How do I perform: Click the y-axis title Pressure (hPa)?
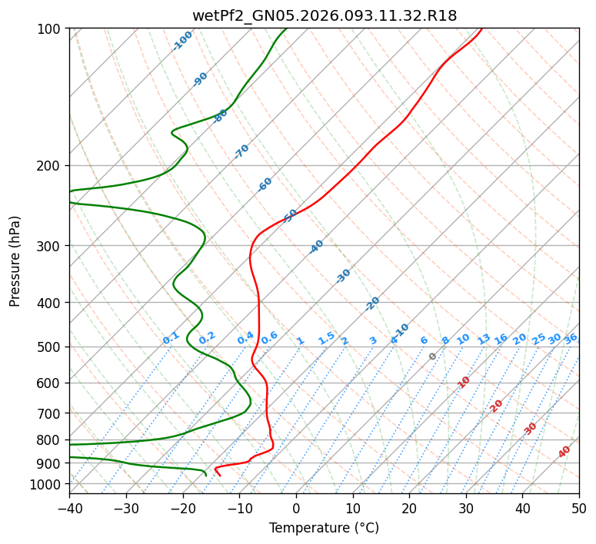15,261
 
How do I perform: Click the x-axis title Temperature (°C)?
324,528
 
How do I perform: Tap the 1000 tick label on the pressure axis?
48,484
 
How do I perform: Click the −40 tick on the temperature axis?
69,508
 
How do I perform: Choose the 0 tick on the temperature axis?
296,508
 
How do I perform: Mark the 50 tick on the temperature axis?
579,508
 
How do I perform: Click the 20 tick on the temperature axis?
409,508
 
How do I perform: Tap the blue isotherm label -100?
182,41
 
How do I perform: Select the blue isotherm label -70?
241,151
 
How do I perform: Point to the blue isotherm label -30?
343,276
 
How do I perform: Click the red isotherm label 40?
564,452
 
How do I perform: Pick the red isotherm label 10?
464,382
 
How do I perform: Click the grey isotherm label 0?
433,357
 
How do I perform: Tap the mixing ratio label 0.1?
171,337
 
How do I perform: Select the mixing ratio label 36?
571,338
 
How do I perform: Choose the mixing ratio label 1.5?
326,337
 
